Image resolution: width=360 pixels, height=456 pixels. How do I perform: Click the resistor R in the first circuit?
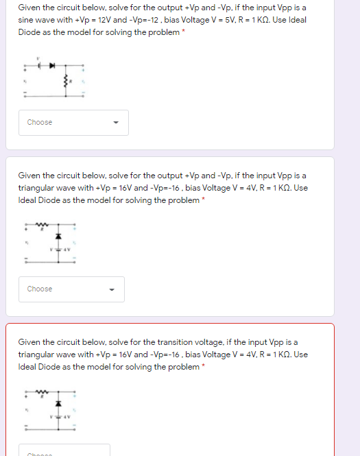(x=66, y=83)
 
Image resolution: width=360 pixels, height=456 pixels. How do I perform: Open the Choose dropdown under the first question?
(x=72, y=122)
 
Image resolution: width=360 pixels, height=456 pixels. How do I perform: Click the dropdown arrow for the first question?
(x=116, y=123)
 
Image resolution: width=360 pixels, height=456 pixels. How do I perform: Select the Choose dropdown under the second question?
(x=72, y=289)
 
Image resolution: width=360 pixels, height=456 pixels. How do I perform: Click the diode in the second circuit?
(x=58, y=235)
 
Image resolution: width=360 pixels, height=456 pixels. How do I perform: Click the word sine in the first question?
(x=25, y=20)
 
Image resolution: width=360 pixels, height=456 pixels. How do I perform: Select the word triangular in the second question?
(x=36, y=187)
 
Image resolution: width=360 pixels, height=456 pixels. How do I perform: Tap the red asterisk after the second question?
(x=204, y=200)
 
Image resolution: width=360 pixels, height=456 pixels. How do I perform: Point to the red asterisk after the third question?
(x=204, y=367)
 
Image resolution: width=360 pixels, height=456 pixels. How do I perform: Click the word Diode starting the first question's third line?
(x=28, y=32)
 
